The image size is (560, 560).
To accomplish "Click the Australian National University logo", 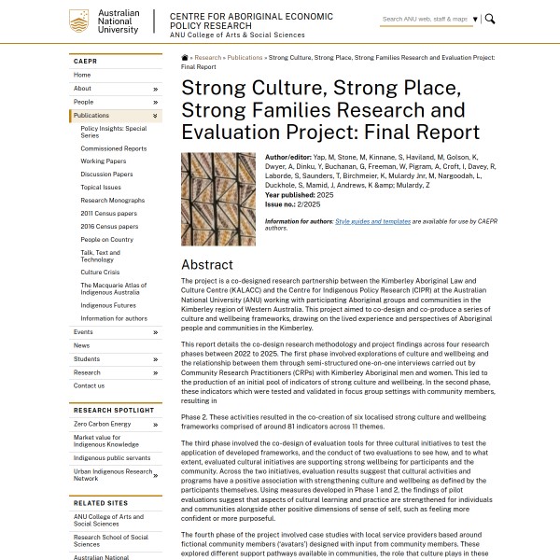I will (x=105, y=21).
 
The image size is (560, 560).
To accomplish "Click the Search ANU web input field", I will (x=425, y=19).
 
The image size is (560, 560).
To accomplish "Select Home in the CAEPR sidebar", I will (x=82, y=75).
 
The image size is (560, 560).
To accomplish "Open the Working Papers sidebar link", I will (x=103, y=161).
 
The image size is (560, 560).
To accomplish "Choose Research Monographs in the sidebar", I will (x=112, y=201).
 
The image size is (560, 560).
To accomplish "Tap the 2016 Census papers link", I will (x=108, y=227).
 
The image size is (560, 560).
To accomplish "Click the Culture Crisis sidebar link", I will (x=101, y=273).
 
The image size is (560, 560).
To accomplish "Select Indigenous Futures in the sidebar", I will (x=107, y=305).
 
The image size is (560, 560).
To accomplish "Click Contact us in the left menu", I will (x=89, y=385).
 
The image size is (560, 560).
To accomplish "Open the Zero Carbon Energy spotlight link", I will (x=102, y=424).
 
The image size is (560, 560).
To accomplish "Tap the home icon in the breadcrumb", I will (x=185, y=58).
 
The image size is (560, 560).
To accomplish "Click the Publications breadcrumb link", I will (x=245, y=58).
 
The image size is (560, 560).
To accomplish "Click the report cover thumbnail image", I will (x=218, y=199).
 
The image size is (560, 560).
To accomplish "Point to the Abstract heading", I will (x=207, y=264).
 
